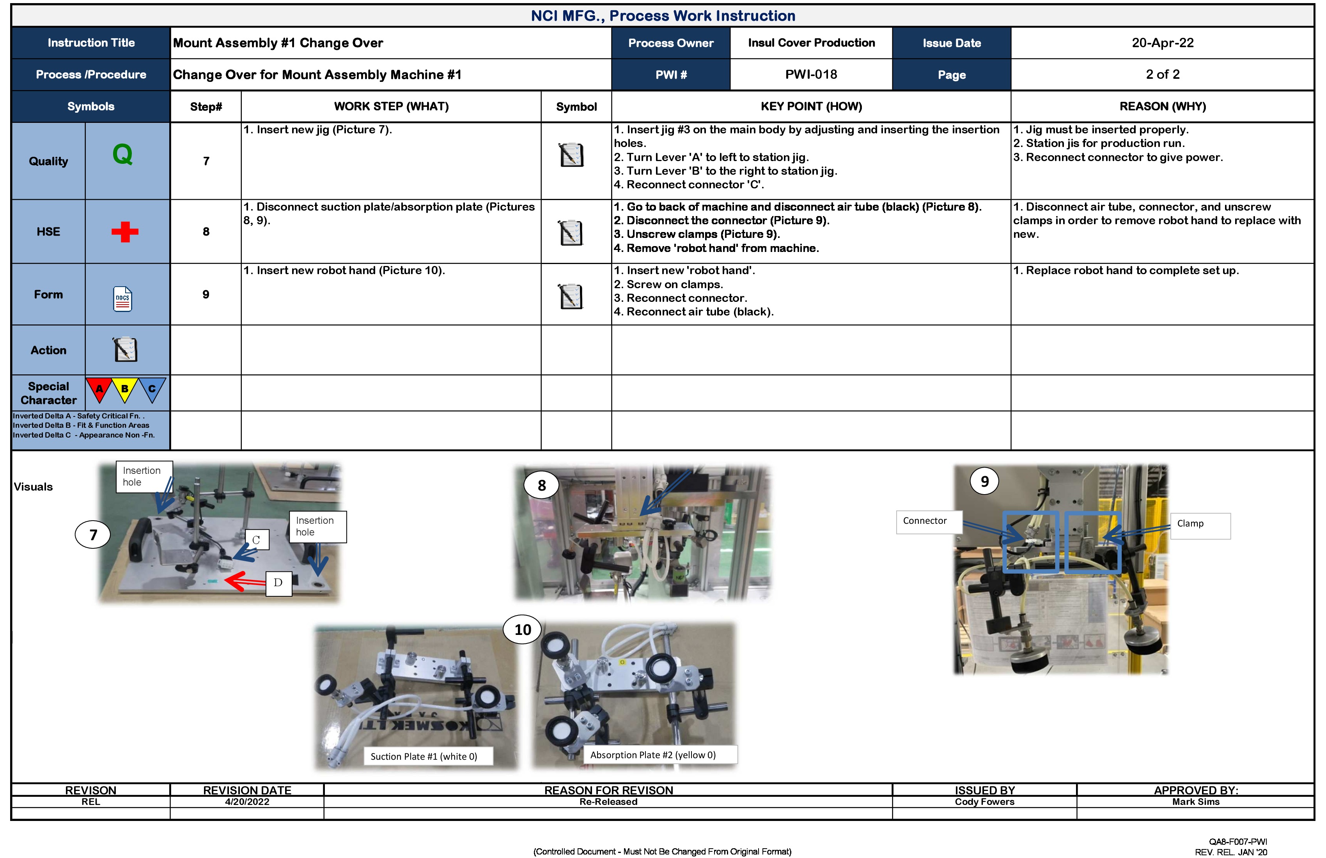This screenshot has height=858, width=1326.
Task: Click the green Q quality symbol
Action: click(x=122, y=154)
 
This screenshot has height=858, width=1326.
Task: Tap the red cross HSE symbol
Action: click(x=125, y=232)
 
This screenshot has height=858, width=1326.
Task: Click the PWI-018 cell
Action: click(x=811, y=74)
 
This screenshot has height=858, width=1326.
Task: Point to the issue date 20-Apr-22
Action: click(x=1162, y=43)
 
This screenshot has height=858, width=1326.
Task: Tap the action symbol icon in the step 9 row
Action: click(x=571, y=296)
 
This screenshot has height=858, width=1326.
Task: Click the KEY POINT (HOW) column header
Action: click(x=811, y=106)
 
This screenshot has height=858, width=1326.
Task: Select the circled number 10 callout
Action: click(x=522, y=629)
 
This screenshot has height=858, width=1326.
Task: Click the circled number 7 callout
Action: click(x=93, y=535)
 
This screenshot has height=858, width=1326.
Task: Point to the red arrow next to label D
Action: click(x=245, y=581)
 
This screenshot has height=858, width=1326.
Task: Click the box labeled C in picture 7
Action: click(x=256, y=540)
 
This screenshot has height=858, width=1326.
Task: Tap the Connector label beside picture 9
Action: click(x=925, y=521)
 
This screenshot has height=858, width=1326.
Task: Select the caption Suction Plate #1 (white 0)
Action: click(x=424, y=757)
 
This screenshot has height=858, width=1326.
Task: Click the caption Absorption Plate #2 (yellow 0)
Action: click(x=653, y=755)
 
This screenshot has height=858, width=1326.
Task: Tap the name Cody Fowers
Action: click(x=984, y=802)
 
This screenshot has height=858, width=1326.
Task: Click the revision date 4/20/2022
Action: click(x=247, y=802)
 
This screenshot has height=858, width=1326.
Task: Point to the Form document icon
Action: click(x=122, y=299)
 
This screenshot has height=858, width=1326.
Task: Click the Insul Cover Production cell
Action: click(x=811, y=43)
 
